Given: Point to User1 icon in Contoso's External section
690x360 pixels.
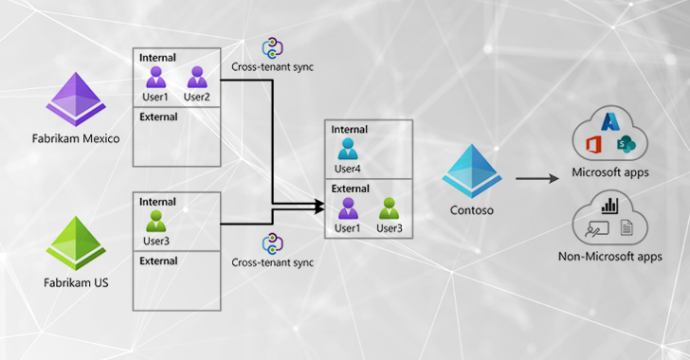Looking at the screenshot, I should tap(346, 207).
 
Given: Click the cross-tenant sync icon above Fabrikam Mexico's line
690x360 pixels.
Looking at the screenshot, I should tap(273, 48).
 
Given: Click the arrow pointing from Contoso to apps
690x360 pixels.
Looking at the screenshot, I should tap(536, 177).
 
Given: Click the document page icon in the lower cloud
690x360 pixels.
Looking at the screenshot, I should tap(626, 228).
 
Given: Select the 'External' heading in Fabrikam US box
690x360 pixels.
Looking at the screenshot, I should tap(157, 260).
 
